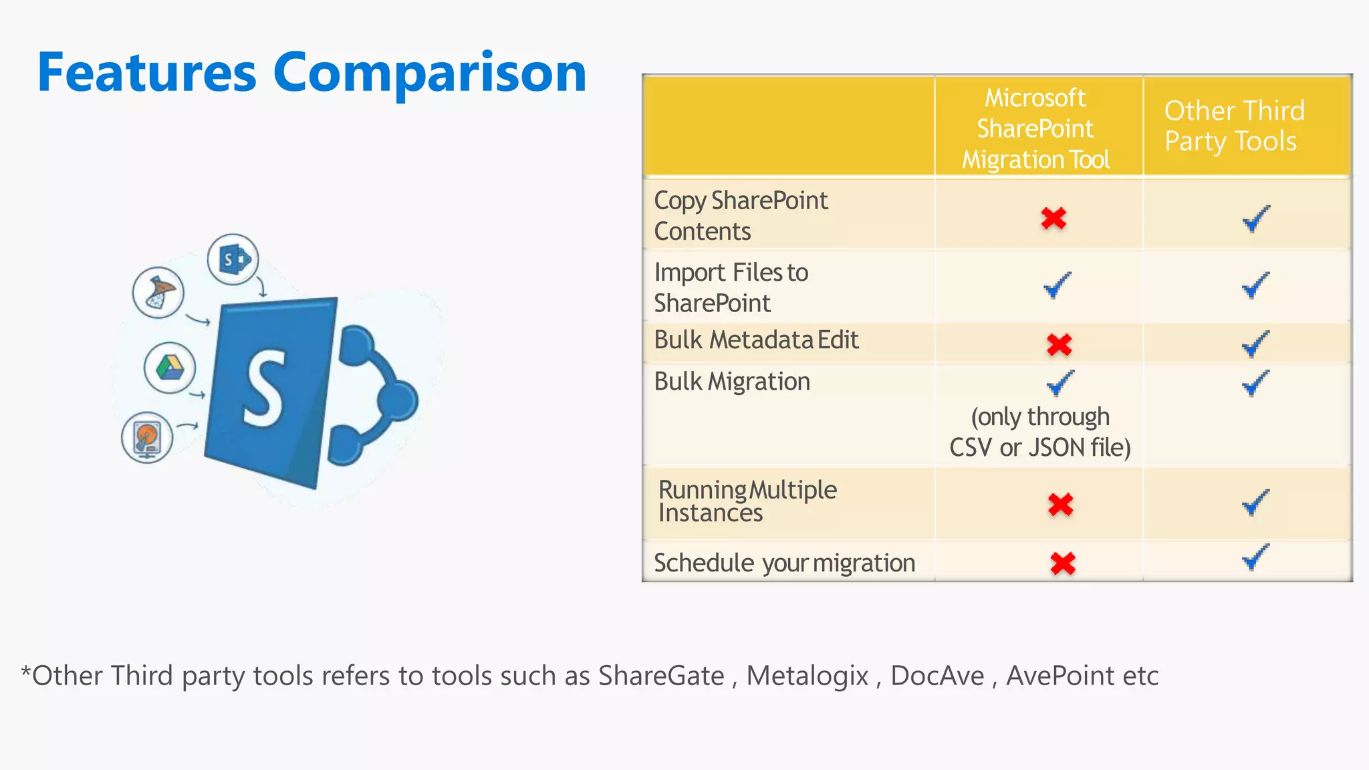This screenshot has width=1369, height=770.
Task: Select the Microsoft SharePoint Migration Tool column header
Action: tap(1035, 128)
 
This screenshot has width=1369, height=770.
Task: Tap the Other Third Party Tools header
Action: tap(1233, 126)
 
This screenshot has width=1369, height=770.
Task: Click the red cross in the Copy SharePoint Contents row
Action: tap(1053, 218)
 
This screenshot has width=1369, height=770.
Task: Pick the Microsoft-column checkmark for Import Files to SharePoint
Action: tap(1057, 285)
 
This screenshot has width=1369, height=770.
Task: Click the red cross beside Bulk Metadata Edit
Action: tap(1059, 344)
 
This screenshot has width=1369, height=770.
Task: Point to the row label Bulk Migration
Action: tap(732, 382)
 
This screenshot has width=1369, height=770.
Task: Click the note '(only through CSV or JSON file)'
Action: tap(1039, 432)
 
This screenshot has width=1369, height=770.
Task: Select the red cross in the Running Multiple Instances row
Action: tap(1060, 504)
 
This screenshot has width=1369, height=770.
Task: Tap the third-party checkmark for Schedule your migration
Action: tap(1255, 557)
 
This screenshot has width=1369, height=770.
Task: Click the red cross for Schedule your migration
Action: tap(1062, 563)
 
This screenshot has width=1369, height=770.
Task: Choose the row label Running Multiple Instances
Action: tap(747, 501)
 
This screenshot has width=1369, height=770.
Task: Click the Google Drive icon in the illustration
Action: tap(170, 368)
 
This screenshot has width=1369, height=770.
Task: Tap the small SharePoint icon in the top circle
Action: tap(233, 259)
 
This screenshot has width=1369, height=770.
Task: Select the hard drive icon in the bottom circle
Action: tap(147, 438)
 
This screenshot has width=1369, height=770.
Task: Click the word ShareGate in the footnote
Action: tap(660, 676)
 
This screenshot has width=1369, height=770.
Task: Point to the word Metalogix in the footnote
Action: tap(807, 676)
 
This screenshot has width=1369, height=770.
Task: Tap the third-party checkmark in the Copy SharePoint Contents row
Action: tap(1255, 219)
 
